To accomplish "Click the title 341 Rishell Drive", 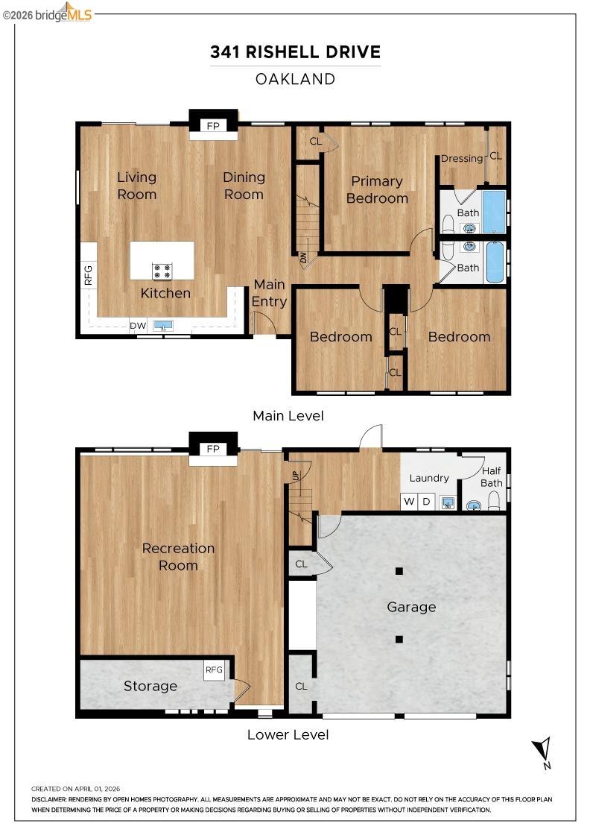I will click(x=295, y=52).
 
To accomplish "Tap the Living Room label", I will click(x=137, y=186).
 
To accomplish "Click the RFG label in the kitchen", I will click(x=88, y=275).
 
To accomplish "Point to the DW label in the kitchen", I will click(x=138, y=326).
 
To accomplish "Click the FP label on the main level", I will click(x=214, y=126).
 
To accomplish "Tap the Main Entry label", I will click(x=269, y=293).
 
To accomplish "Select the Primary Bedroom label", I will click(x=377, y=189).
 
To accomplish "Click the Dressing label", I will click(x=462, y=158).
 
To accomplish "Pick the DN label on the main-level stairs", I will click(x=304, y=259).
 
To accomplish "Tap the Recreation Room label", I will click(x=178, y=556).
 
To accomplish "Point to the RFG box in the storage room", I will click(x=214, y=669).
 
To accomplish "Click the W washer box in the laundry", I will click(x=409, y=501).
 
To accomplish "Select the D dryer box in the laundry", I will click(x=427, y=501).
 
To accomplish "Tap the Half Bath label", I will click(x=491, y=476).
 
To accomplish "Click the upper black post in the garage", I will click(x=399, y=572).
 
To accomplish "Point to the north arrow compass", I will click(x=543, y=751).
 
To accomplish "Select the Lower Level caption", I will click(x=288, y=734).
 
